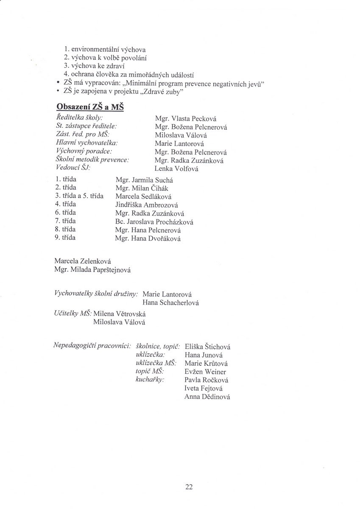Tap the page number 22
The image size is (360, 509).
pos(189,487)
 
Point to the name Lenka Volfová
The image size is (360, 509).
pos(176,169)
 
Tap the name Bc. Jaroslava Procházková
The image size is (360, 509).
pos(155,221)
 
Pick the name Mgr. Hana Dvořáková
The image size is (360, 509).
pos(148,238)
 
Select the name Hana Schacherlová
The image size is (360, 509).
pos(171,302)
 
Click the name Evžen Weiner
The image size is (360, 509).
pos(205,372)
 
